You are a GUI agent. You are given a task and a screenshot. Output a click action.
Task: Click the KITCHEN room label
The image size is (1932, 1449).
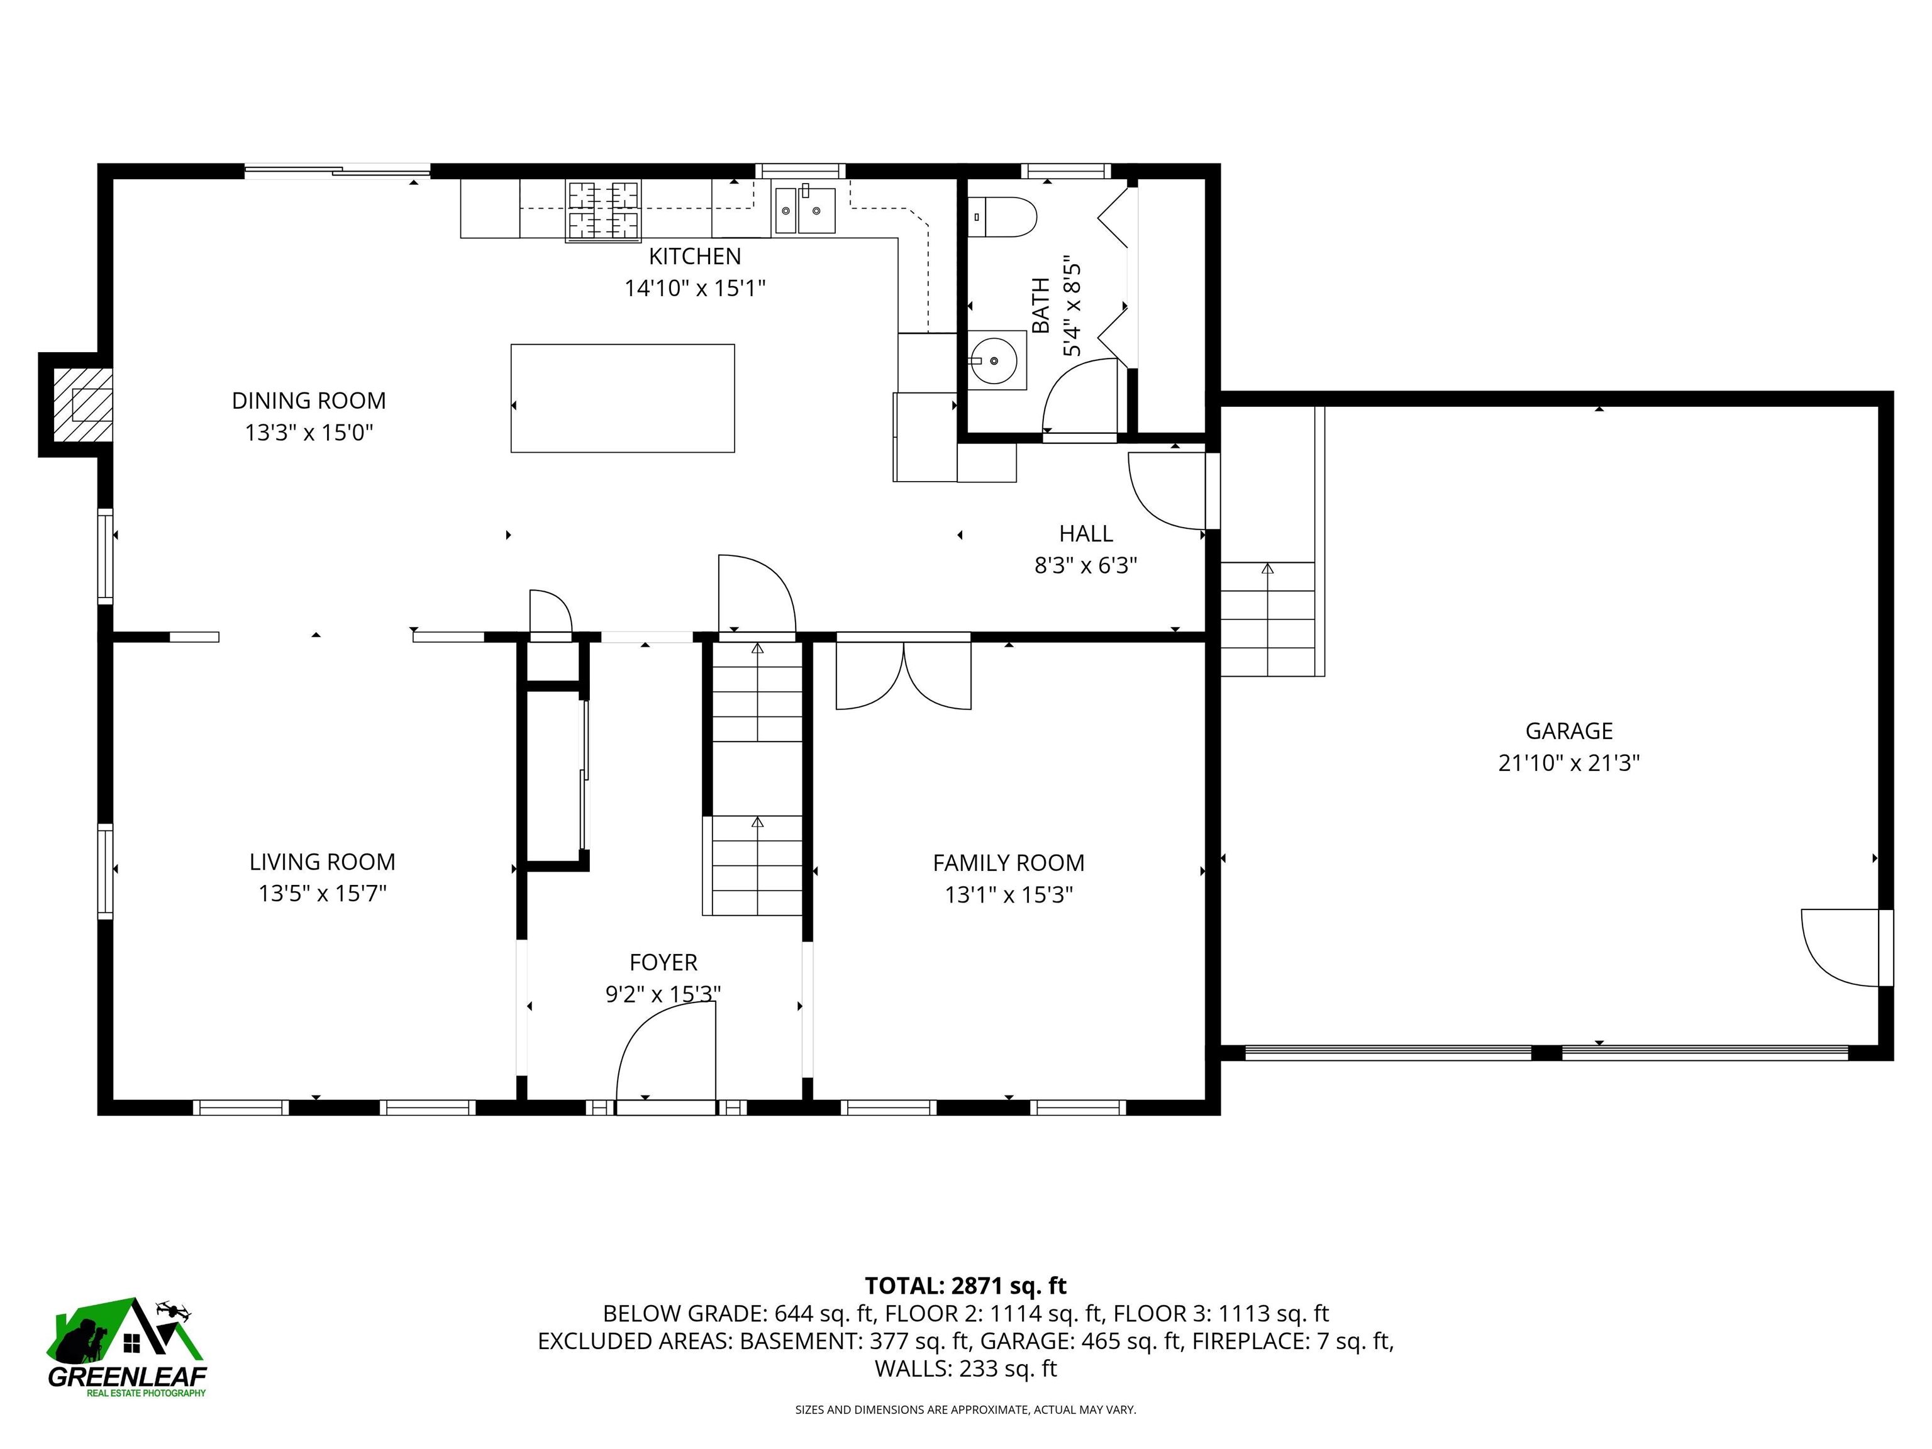(694, 256)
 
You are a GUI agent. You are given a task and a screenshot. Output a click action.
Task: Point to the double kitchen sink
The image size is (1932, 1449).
(804, 211)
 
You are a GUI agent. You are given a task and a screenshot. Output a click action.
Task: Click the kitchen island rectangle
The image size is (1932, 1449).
(622, 398)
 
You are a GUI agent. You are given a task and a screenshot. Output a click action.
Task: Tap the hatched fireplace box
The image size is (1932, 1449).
(83, 404)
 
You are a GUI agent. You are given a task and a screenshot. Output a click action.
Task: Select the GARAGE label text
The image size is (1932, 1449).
(1568, 731)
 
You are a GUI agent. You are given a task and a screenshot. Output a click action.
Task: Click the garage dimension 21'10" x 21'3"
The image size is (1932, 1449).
(1568, 762)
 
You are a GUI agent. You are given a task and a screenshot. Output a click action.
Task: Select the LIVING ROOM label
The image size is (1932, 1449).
(322, 862)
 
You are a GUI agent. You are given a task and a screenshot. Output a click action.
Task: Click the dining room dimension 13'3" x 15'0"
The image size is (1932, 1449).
(309, 432)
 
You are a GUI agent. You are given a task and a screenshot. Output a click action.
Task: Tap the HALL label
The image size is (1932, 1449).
(1085, 534)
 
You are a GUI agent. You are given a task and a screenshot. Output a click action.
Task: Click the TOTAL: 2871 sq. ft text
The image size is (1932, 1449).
(965, 1285)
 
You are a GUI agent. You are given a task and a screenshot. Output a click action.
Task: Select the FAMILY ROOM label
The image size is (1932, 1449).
(1009, 863)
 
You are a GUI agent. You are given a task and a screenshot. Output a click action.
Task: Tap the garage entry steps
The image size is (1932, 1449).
(1267, 619)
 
